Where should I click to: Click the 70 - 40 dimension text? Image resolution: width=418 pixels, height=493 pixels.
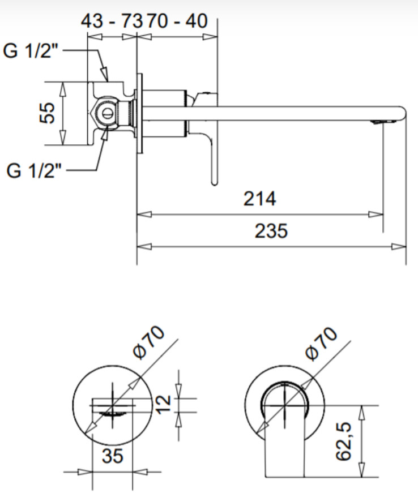177,21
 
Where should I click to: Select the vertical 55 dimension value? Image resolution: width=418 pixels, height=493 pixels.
47,113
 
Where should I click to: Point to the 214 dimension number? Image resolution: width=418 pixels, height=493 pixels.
260,199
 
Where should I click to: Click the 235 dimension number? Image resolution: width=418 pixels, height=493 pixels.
271,230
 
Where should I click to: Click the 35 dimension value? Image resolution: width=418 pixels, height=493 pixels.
112,456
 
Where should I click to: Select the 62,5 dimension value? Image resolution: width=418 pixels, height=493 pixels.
343,441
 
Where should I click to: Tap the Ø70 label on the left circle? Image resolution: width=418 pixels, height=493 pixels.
148,343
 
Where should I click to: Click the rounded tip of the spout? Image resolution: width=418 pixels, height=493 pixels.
406,113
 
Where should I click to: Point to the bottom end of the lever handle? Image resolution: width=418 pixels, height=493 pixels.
214,183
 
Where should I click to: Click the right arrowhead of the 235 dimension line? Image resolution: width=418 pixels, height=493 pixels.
399,246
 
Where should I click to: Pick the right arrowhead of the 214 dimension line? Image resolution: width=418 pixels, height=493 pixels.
376,215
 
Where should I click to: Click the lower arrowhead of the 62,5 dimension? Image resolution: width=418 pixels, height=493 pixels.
362,470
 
